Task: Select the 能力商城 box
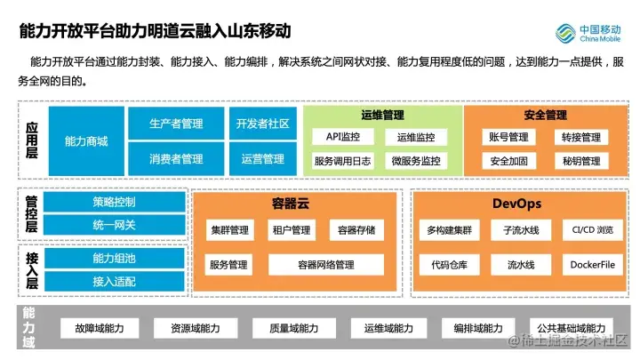coord(86,141)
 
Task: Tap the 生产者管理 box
coord(176,124)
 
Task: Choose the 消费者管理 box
coord(176,159)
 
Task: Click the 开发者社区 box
coord(262,124)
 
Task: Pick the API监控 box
coord(343,138)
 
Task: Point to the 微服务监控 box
coord(416,161)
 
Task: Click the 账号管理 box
coord(508,138)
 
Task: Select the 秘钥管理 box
coord(581,161)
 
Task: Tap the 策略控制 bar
coord(114,202)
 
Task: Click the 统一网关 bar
coord(114,225)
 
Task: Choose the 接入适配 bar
coord(114,281)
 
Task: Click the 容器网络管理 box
coord(326,265)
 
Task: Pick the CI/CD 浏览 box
coord(593,230)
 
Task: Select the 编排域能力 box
coord(477,329)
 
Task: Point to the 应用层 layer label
coord(32,141)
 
